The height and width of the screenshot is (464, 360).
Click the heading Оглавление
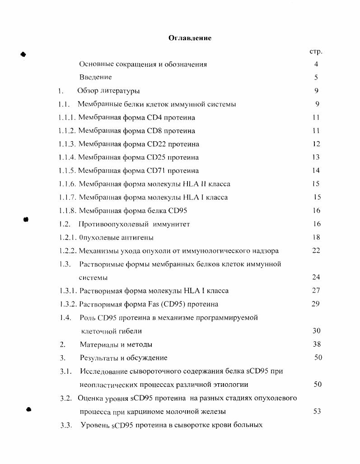tap(190, 38)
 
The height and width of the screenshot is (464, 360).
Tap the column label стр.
tap(316, 51)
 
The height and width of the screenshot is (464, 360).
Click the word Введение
tap(95, 77)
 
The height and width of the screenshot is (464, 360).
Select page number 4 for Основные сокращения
tap(317, 64)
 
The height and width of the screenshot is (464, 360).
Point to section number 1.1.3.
tap(67, 144)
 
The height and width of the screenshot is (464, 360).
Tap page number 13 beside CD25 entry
tap(316, 157)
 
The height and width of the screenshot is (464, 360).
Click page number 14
tap(316, 171)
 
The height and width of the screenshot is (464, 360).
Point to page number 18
tap(316, 237)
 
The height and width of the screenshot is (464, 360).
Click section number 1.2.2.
tap(68, 251)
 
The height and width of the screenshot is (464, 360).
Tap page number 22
tap(316, 251)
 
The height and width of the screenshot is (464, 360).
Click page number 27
tap(316, 291)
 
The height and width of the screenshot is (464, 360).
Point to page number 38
tap(317, 344)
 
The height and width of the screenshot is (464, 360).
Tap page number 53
tap(317, 411)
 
